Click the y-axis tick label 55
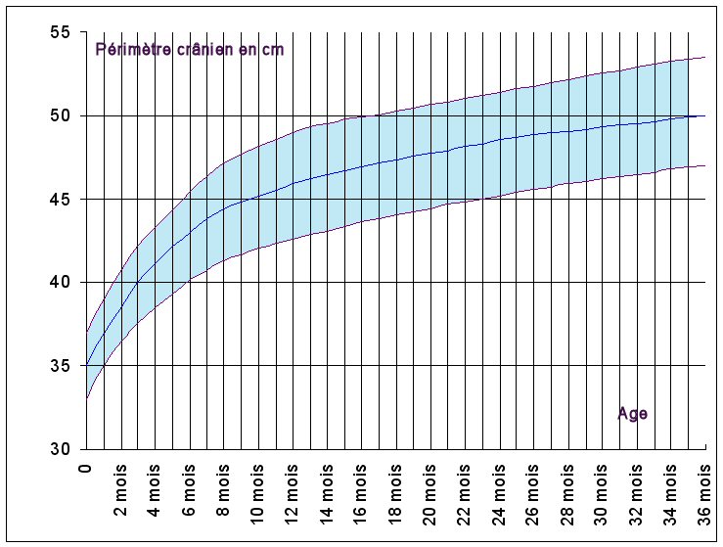click(61, 32)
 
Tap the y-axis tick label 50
click(61, 115)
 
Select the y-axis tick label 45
click(61, 200)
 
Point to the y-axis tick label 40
click(61, 283)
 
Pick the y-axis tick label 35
click(61, 366)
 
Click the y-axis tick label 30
click(61, 449)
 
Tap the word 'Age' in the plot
click(632, 414)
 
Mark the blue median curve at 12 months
click(293, 182)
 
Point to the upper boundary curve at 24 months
click(499, 93)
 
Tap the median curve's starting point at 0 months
click(87, 366)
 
